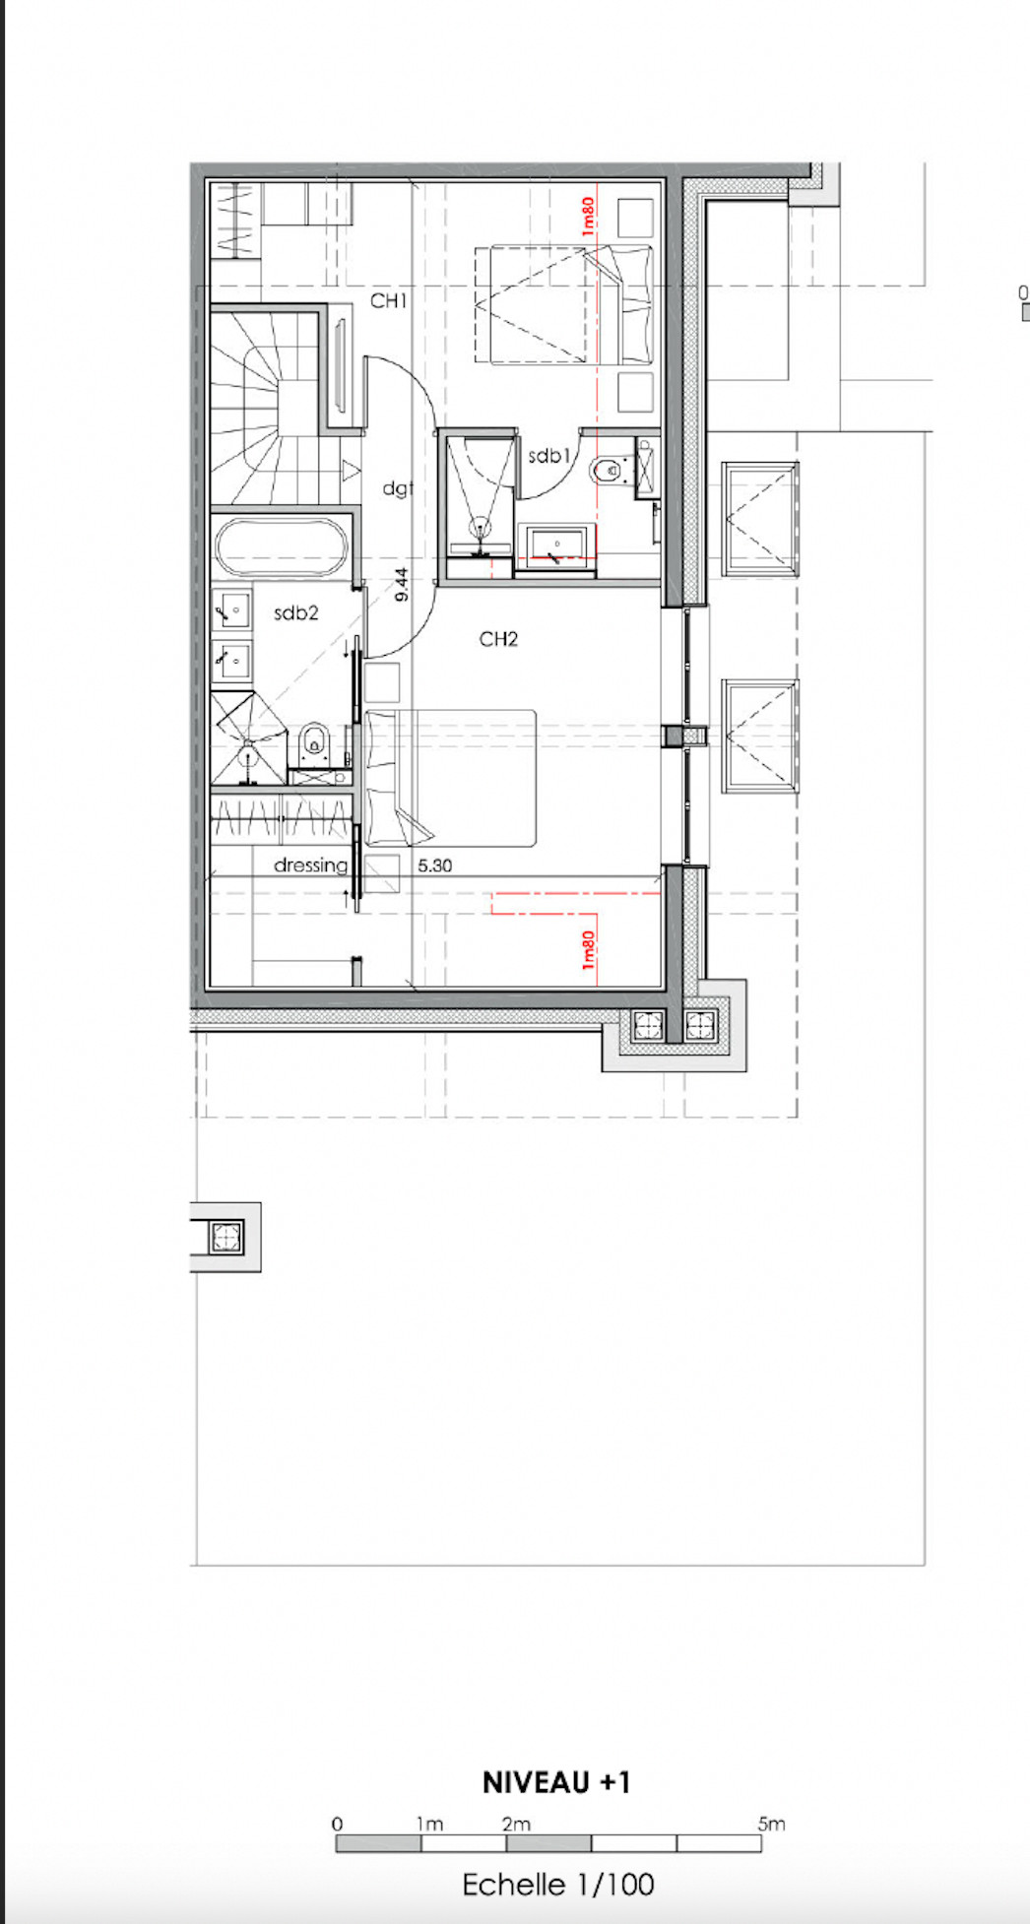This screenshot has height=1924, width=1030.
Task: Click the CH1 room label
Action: point(388,300)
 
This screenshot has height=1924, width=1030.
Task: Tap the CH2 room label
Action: point(498,639)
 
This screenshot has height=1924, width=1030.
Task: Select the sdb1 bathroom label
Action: point(549,456)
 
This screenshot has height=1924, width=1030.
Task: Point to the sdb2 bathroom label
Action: point(296,612)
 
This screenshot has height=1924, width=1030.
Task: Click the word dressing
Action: point(310,866)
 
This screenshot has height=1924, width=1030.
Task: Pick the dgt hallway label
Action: point(398,487)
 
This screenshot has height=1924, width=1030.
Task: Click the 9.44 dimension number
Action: point(401,584)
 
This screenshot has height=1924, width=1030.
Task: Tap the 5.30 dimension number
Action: point(435,866)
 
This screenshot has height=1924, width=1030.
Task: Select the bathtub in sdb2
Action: point(282,547)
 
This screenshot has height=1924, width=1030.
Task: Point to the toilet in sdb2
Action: point(313,743)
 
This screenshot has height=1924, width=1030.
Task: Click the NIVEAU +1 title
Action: point(556,1782)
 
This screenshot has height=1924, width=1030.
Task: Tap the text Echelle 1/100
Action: point(558,1885)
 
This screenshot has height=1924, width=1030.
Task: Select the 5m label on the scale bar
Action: point(772,1824)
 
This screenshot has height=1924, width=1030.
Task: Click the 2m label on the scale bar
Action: point(516,1824)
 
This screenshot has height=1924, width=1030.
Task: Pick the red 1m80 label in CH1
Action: point(588,217)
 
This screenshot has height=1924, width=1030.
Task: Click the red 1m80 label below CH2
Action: point(588,951)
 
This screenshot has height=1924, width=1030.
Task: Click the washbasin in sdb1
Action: point(558,545)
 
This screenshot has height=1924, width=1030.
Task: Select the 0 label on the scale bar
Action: point(337,1824)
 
